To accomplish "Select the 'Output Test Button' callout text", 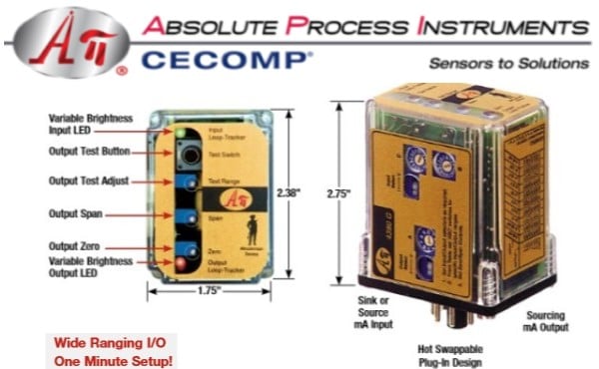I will point(91,152).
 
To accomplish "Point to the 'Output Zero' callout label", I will point(76,245).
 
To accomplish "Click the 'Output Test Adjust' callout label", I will point(91,181).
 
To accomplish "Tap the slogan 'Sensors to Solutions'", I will point(509,63).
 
